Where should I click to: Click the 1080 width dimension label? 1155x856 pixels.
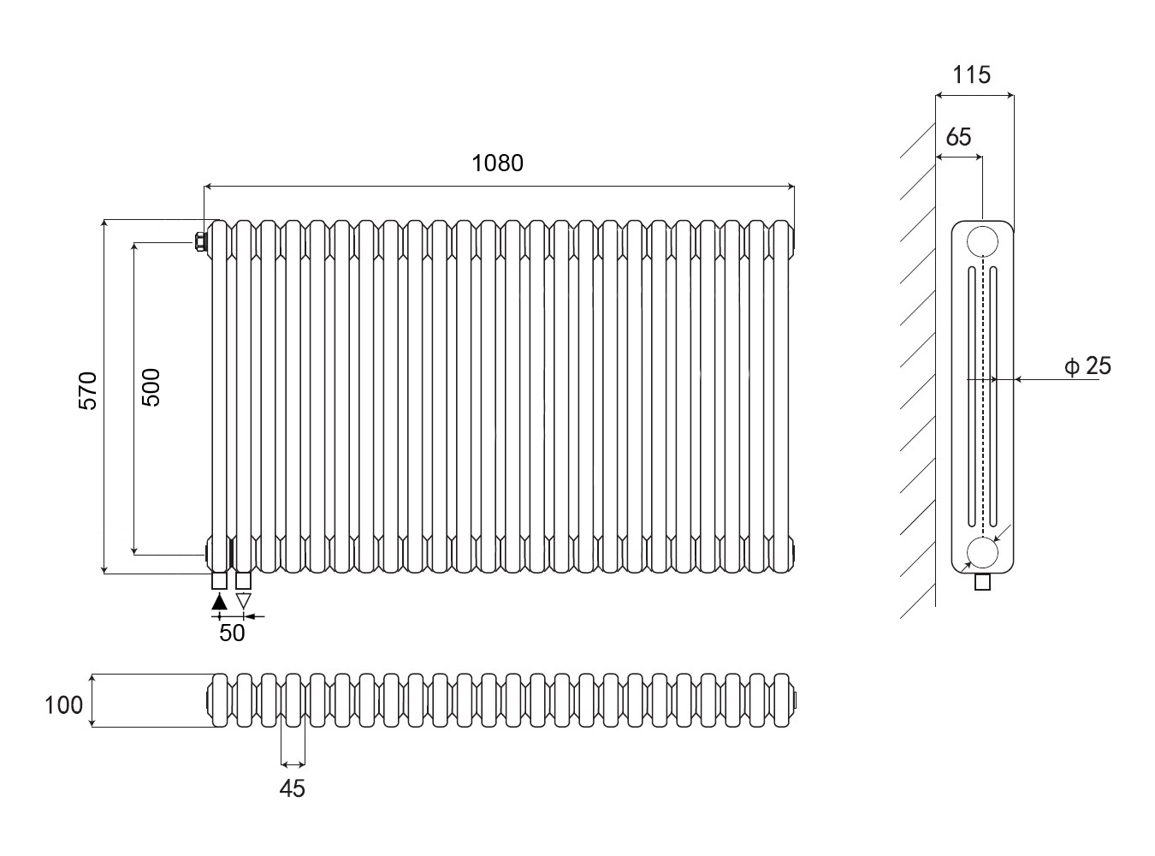pos(497,163)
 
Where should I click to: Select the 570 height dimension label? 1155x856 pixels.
pos(89,390)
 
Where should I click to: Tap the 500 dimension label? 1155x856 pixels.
pos(150,387)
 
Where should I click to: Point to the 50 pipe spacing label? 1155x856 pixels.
pos(232,633)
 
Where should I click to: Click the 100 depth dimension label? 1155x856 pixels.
pos(64,704)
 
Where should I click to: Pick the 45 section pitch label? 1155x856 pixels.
pos(292,788)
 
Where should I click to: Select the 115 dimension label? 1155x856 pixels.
pos(972,75)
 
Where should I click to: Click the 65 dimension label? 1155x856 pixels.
pos(959,137)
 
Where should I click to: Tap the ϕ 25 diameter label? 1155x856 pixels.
pos(1088,366)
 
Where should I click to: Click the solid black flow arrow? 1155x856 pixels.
pos(220,601)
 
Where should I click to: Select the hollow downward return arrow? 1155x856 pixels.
pos(243,601)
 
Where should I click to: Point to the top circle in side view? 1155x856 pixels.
pos(982,241)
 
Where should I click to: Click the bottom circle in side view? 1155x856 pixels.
pos(982,553)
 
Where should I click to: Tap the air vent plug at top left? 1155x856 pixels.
pos(200,241)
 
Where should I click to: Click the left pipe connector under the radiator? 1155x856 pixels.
pos(220,580)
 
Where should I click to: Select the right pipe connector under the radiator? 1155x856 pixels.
pos(243,580)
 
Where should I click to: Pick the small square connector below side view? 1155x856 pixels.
pos(983,583)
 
